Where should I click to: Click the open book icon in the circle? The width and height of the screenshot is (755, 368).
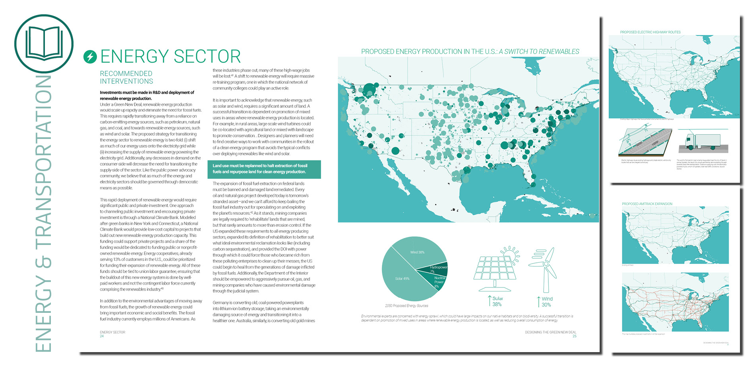(44, 43)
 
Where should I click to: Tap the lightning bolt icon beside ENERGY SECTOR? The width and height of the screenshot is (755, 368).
(90, 57)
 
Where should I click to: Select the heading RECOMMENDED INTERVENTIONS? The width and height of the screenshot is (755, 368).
(126, 77)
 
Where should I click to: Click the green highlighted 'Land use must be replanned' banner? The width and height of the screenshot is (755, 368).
(264, 169)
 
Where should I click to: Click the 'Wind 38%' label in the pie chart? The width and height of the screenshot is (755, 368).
(417, 252)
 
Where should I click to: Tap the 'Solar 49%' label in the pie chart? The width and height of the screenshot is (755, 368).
(402, 279)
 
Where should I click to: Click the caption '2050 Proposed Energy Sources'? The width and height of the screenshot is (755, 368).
(407, 306)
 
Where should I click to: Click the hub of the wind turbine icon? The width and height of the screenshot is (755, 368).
(546, 264)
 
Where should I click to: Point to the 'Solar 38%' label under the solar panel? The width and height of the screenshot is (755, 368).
(497, 301)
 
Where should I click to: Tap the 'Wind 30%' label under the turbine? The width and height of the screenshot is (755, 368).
(546, 302)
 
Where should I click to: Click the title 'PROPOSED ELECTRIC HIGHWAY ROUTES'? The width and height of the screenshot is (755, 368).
(650, 32)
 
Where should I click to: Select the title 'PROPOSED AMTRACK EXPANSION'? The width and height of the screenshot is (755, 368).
(647, 204)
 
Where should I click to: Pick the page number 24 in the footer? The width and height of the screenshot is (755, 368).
(102, 336)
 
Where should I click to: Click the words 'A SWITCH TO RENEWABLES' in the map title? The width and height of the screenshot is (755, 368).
(539, 52)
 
